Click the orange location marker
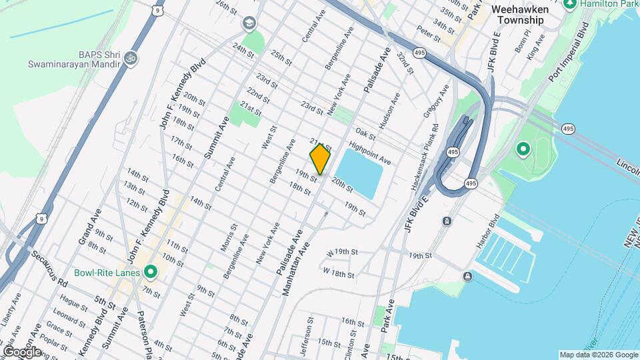tap(320, 159)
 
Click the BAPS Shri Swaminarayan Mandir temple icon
tap(131, 59)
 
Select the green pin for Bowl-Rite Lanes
tap(151, 273)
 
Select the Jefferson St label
tap(309, 340)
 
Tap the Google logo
tap(22, 351)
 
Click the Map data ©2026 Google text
tap(598, 355)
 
